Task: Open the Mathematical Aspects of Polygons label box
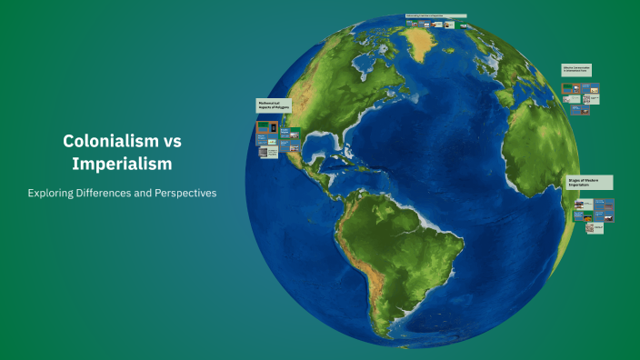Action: (274, 106)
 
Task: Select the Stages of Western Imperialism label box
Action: (589, 182)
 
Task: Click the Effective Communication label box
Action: (578, 69)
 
